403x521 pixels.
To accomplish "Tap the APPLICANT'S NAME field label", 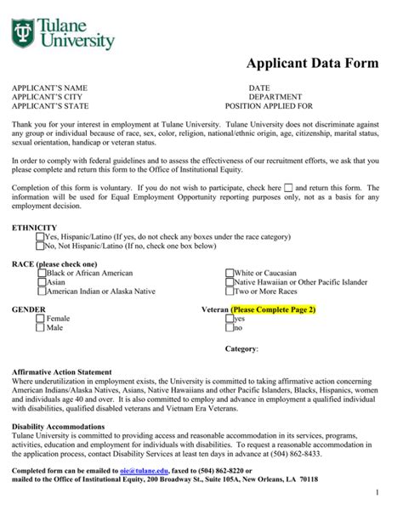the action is click(x=48, y=88).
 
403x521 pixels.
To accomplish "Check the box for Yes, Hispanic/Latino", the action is click(x=28, y=237).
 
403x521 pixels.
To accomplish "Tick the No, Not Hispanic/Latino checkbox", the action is click(x=28, y=246).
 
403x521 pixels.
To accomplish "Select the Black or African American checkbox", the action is click(x=41, y=273).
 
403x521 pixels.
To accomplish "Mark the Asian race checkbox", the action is click(x=41, y=282).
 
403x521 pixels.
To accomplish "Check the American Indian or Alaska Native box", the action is click(x=41, y=292).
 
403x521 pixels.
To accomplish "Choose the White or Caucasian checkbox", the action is click(x=229, y=273).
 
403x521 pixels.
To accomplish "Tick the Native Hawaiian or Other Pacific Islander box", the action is click(x=229, y=282).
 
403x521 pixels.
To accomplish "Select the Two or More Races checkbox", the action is click(x=229, y=292).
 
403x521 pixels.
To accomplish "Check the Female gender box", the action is click(x=40, y=318).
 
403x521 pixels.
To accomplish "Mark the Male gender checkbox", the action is click(x=40, y=327).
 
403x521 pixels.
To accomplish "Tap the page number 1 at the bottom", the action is click(x=377, y=494).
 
